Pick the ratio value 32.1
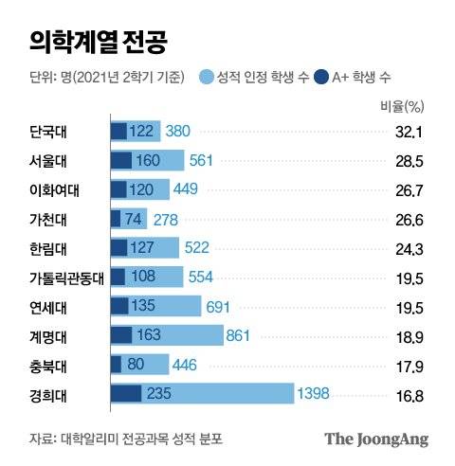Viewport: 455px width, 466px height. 408,132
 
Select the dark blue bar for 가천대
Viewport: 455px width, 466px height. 116,219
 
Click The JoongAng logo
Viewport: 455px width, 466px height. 376,439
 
